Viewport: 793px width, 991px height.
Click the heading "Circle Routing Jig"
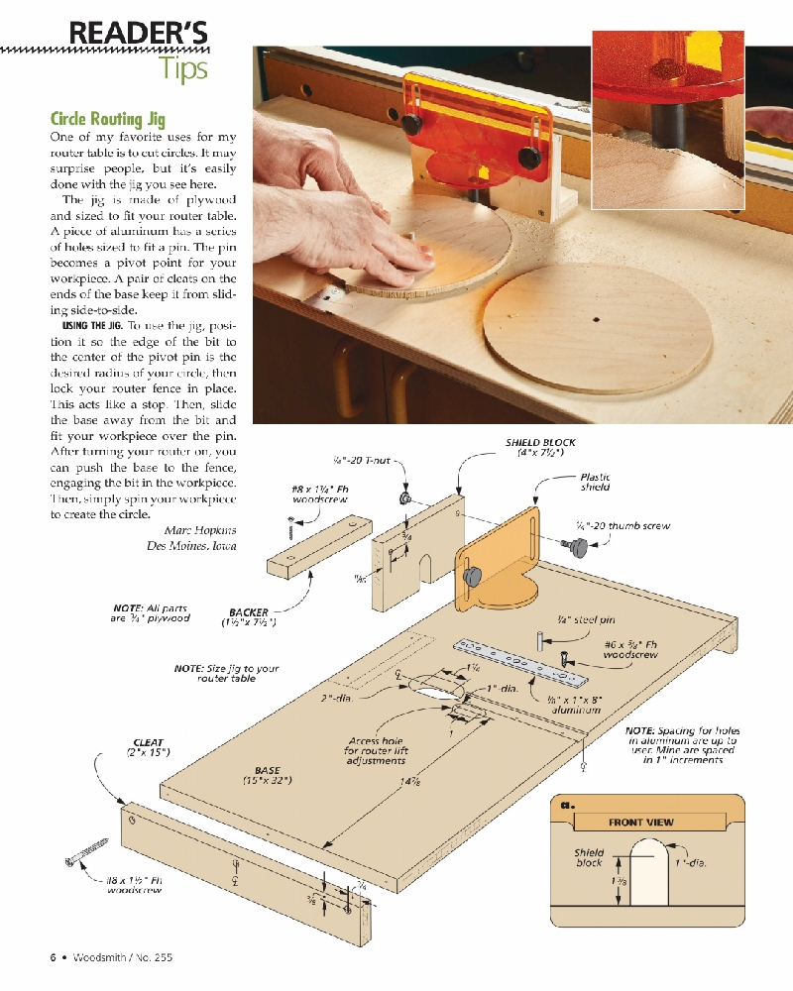pyautogui.click(x=108, y=119)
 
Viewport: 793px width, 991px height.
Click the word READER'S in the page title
pyautogui.click(x=138, y=34)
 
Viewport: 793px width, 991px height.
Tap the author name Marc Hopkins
pyautogui.click(x=200, y=530)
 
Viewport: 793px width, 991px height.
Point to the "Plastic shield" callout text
pyautogui.click(x=595, y=482)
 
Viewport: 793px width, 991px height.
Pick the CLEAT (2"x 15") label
pyautogui.click(x=149, y=747)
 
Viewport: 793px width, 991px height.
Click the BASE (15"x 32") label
pyautogui.click(x=267, y=775)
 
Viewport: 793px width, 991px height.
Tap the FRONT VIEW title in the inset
pyautogui.click(x=640, y=823)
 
